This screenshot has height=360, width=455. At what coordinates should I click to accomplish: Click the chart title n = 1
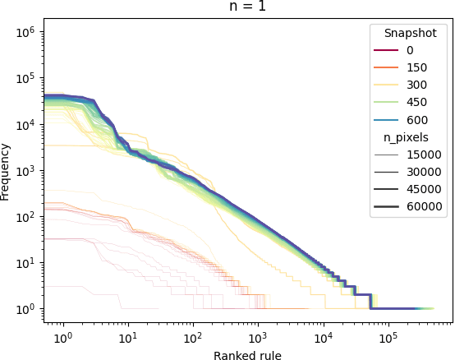tap(246, 7)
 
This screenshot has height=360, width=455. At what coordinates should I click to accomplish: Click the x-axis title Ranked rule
tap(246, 355)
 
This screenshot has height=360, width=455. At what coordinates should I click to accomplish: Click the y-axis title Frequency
tap(7, 171)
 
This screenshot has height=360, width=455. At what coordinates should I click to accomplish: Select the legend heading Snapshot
tap(409, 34)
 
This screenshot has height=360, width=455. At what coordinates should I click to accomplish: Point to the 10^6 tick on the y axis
tap(26, 33)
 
